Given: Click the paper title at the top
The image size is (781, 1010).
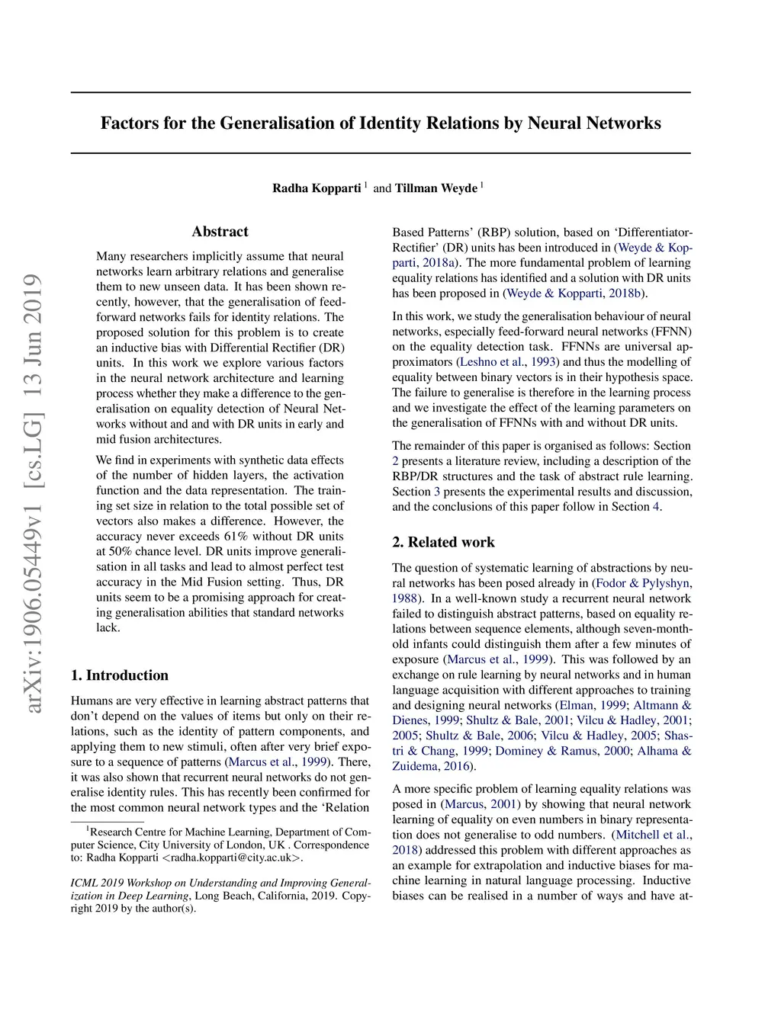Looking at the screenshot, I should (x=381, y=123).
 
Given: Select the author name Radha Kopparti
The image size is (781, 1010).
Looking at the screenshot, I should (x=317, y=188).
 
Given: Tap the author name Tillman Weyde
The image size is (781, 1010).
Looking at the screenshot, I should (x=435, y=188).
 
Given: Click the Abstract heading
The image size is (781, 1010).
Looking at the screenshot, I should (x=220, y=232).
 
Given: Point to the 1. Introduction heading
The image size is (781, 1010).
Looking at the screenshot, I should (x=120, y=675).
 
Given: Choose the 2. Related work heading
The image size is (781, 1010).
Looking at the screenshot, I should (x=443, y=543).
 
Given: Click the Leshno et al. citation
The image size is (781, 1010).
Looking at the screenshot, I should (x=493, y=362).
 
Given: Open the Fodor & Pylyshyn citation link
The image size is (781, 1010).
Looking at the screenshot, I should (x=643, y=583).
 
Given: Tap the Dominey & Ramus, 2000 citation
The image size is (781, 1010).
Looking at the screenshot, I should (x=562, y=751).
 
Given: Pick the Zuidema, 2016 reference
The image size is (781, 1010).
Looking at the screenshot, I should (x=431, y=766).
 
